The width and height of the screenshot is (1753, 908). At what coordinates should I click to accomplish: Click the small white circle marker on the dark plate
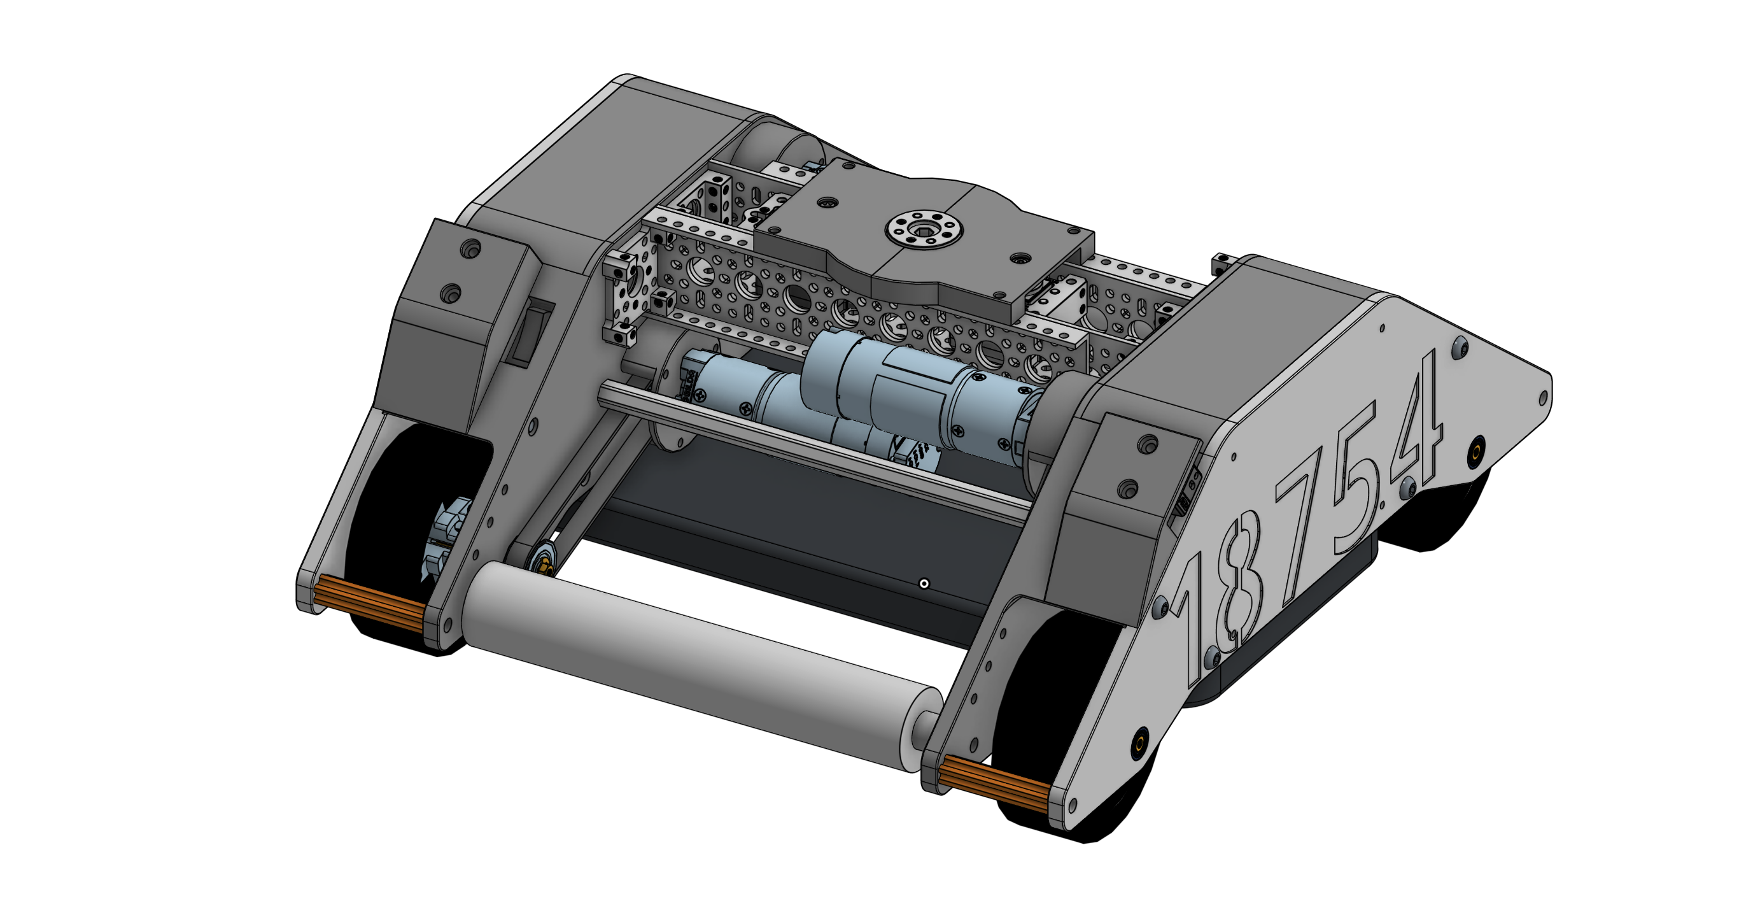[924, 583]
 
